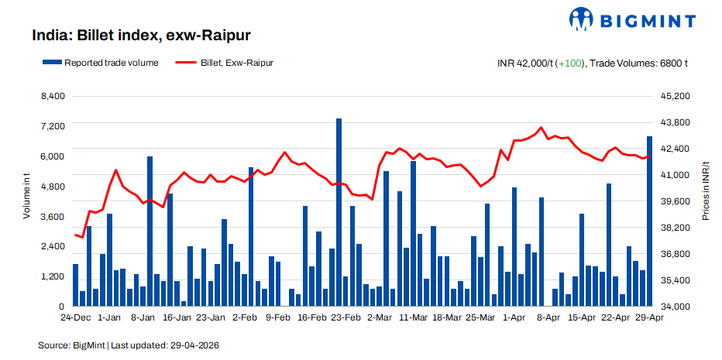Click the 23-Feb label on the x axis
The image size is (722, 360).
pyautogui.click(x=346, y=317)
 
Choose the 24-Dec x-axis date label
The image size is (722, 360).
pyautogui.click(x=76, y=317)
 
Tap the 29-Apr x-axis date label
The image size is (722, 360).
pyautogui.click(x=649, y=317)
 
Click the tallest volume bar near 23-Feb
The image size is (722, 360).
pyautogui.click(x=339, y=213)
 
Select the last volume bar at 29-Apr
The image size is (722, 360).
pyautogui.click(x=650, y=221)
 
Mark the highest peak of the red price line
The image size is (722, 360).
pyautogui.click(x=541, y=128)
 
